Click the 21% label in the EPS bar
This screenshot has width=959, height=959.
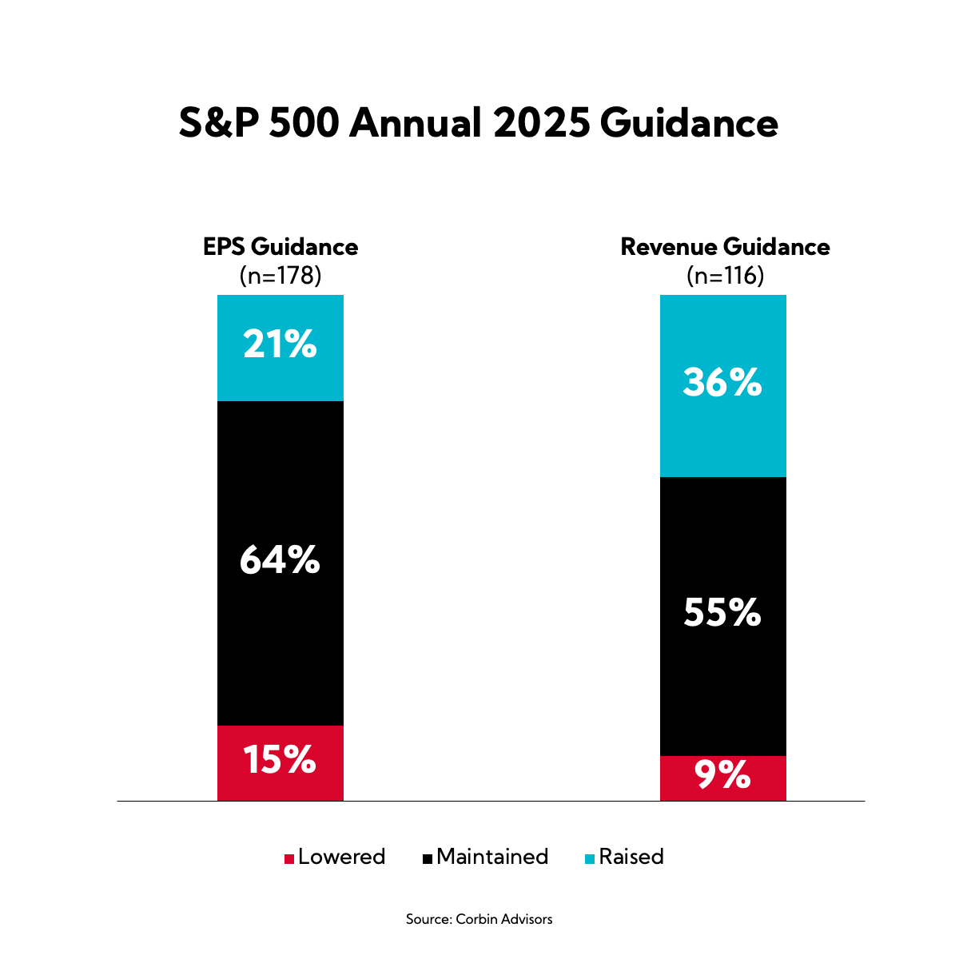(280, 345)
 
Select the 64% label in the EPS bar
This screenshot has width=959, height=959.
(280, 561)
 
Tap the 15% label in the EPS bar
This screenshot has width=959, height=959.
(280, 760)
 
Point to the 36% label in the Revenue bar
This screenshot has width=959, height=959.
(722, 384)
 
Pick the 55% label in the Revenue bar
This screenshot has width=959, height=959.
(722, 613)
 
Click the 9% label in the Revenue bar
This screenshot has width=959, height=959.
(722, 776)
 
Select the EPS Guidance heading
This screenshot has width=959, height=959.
(281, 247)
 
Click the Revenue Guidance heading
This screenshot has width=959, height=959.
(725, 247)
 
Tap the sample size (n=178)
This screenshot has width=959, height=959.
(281, 276)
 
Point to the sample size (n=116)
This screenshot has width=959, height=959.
(725, 276)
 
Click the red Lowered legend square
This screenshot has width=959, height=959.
(289, 859)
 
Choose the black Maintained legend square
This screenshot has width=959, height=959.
(428, 859)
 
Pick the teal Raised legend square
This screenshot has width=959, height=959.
(590, 859)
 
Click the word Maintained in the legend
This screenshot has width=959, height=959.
(492, 857)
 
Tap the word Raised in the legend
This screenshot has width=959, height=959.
(631, 857)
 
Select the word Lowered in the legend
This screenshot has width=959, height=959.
(341, 857)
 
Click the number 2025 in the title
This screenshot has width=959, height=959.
(541, 124)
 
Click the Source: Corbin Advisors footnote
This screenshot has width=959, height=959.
(479, 919)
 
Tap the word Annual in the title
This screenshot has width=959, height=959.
(414, 124)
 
